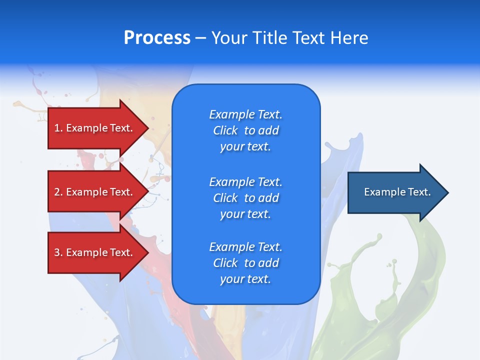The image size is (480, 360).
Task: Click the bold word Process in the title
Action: point(157,37)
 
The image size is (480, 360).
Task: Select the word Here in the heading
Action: point(349,37)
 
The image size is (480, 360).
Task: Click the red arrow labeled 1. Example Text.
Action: point(98,128)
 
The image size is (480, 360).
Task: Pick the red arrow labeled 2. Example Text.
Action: point(98,191)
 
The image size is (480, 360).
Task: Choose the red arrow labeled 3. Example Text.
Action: point(98,252)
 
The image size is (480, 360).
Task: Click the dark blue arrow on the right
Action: point(398,192)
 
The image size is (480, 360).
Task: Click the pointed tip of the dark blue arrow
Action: point(448,192)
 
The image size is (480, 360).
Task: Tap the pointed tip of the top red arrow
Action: point(149,128)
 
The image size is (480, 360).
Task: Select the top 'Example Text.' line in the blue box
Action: point(246,114)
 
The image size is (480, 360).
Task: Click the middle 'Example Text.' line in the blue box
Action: point(246,182)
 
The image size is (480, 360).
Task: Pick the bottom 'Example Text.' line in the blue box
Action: point(246,247)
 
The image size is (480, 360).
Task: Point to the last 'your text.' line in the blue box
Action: point(245,279)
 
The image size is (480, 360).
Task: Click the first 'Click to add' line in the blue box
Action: point(246,130)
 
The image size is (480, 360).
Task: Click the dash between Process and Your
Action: point(201,39)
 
